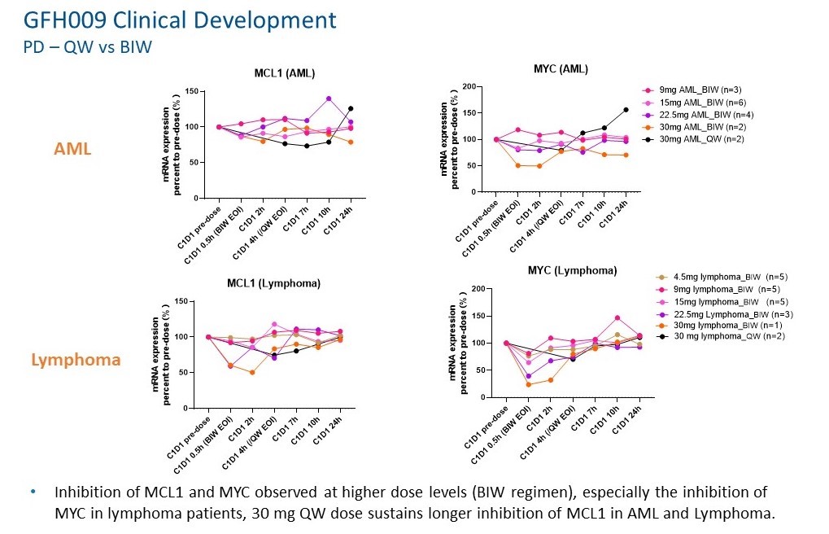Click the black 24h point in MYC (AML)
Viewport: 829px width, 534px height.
coord(626,109)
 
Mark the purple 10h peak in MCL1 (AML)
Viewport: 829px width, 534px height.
coord(329,98)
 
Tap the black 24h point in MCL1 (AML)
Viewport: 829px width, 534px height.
coord(351,108)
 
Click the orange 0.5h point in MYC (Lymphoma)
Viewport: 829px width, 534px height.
coord(529,384)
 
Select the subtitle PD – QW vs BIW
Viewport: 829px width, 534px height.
coord(88,46)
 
